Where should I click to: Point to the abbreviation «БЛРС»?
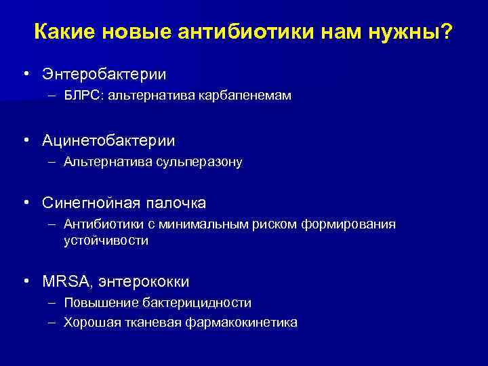coord(81,96)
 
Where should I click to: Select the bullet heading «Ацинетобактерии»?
coord(108,140)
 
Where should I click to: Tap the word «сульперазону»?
coord(198,163)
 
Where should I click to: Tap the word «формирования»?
coord(350,224)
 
